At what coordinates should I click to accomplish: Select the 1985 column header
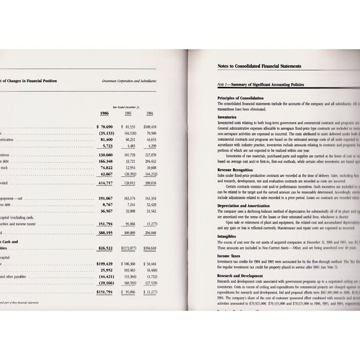pyautogui.click(x=128, y=113)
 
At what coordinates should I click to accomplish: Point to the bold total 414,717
pyautogui.click(x=104, y=184)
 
